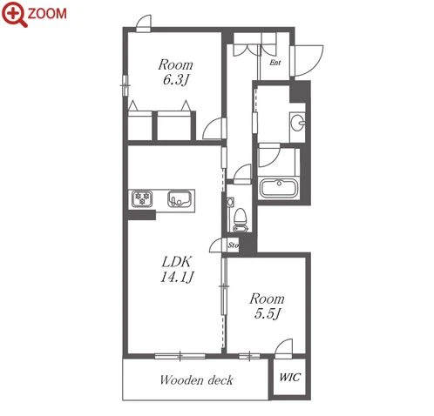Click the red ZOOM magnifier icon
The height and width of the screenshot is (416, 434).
(x=14, y=14)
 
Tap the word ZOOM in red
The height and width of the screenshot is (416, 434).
(x=47, y=14)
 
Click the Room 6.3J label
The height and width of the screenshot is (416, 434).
(x=175, y=72)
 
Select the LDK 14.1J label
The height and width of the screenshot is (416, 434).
(x=177, y=269)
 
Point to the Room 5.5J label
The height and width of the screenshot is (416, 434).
(x=267, y=305)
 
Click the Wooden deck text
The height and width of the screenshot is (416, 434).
(x=196, y=379)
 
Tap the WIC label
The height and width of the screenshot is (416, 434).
(x=289, y=377)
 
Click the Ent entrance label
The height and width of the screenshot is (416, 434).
(x=275, y=63)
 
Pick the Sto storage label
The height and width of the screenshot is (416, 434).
(x=233, y=245)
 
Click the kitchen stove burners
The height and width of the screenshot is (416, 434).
(x=142, y=198)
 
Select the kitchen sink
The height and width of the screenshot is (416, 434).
(x=179, y=198)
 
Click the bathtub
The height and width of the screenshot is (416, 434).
(x=279, y=188)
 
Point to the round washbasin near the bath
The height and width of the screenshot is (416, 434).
(x=297, y=123)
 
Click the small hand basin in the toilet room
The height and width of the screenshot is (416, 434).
(x=230, y=202)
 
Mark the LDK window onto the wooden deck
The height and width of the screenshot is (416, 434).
(x=180, y=356)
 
